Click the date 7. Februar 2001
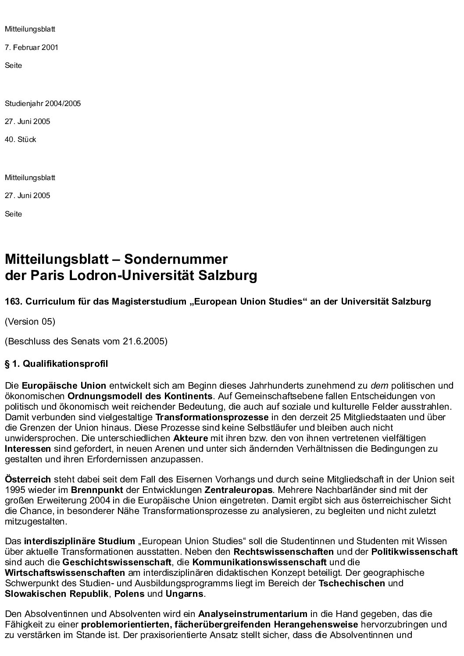[32, 47]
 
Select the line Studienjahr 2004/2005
[43, 104]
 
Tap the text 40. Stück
[21, 140]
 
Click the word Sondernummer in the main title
[176, 259]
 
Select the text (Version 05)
[30, 322]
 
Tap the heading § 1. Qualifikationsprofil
[56, 364]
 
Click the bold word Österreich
[28, 479]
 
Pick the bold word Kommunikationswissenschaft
[259, 562]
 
